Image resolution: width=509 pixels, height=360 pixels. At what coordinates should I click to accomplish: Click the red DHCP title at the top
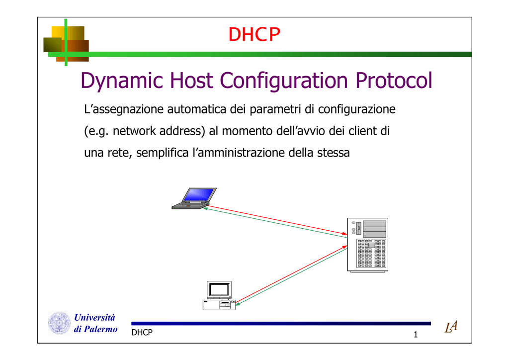[254, 34]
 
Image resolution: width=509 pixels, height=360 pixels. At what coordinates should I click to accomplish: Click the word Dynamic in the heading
[122, 81]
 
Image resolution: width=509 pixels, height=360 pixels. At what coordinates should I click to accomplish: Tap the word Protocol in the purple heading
[394, 80]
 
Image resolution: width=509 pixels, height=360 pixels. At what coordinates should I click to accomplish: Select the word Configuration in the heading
[284, 81]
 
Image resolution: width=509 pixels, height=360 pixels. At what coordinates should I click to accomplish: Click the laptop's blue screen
[199, 195]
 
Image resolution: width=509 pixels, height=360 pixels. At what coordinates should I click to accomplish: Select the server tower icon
[367, 245]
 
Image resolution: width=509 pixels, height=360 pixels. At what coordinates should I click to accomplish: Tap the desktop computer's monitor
[219, 289]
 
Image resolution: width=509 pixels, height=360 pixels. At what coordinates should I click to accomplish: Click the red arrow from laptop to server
[276, 220]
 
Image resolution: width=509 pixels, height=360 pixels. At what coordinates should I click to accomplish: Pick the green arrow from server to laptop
[275, 223]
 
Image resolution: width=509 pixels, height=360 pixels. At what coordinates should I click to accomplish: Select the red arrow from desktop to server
[291, 274]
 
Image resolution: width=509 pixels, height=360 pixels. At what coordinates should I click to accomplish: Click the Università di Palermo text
[95, 323]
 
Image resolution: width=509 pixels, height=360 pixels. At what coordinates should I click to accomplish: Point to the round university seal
[60, 323]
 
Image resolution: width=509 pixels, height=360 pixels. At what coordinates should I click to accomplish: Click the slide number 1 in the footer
[416, 334]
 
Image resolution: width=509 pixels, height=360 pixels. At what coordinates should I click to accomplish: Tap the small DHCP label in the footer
[142, 333]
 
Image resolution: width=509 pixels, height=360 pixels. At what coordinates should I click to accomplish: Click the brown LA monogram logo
[451, 327]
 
